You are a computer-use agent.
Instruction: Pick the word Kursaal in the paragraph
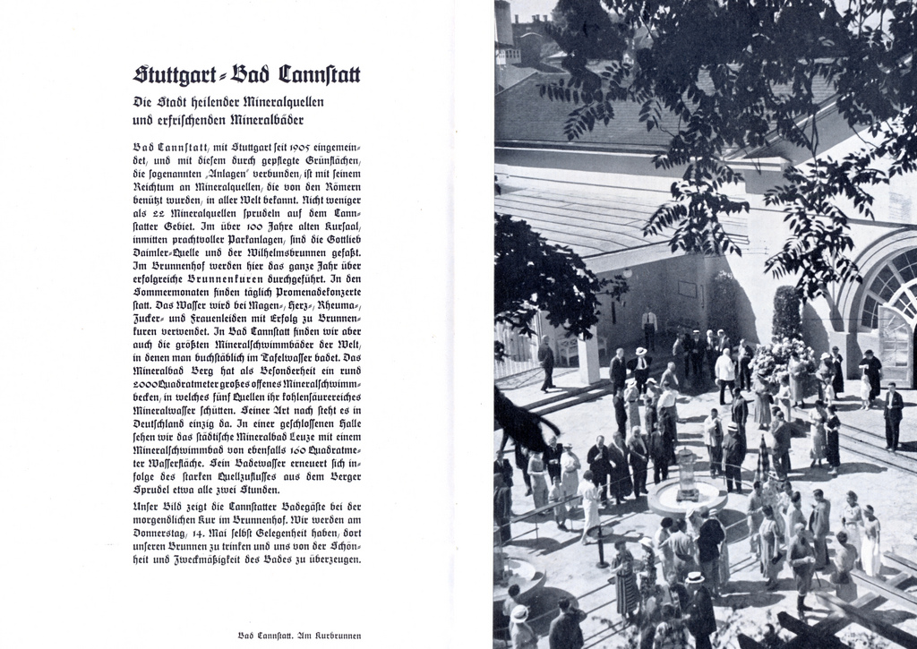(340, 229)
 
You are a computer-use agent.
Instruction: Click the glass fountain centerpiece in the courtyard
(686, 474)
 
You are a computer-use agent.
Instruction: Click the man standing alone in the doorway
(649, 329)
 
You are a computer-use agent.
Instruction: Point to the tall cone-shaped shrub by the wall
(787, 313)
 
